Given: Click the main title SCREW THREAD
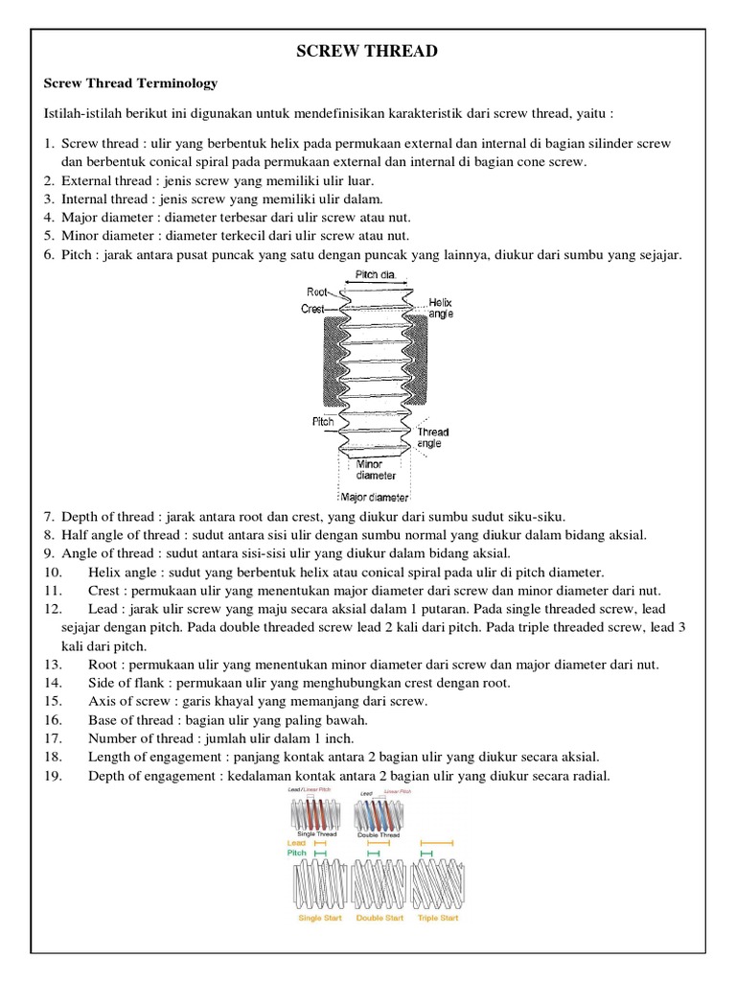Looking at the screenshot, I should click(368, 52).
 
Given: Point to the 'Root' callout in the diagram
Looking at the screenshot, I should click(316, 291).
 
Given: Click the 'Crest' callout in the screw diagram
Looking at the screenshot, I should click(314, 309).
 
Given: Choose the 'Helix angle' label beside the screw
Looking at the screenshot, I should click(441, 307).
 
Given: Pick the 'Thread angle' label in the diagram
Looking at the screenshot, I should click(433, 438).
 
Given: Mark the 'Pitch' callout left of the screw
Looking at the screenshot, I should click(322, 421).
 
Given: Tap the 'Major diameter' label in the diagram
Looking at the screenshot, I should click(375, 498).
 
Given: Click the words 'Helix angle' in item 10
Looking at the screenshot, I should click(126, 573).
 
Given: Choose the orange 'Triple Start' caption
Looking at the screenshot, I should click(438, 918).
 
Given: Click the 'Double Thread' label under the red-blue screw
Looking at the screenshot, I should click(378, 834).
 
